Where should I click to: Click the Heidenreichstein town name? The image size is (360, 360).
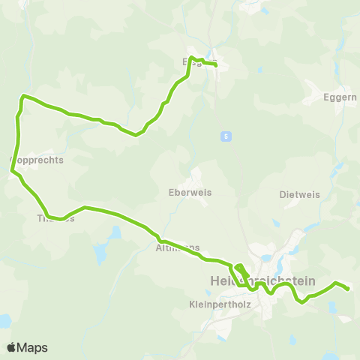click(x=259, y=280)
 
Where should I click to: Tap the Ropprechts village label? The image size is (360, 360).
click(x=37, y=160)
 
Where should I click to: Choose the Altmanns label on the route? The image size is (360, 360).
click(x=178, y=247)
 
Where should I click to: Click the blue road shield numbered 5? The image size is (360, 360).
click(x=224, y=136)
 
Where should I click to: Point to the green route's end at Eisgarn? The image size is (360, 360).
click(x=216, y=65)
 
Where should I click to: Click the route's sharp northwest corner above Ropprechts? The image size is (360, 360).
click(x=23, y=96)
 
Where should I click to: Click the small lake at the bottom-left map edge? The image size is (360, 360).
click(x=4, y=322)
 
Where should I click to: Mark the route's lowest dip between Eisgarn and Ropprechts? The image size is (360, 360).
click(x=136, y=135)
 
